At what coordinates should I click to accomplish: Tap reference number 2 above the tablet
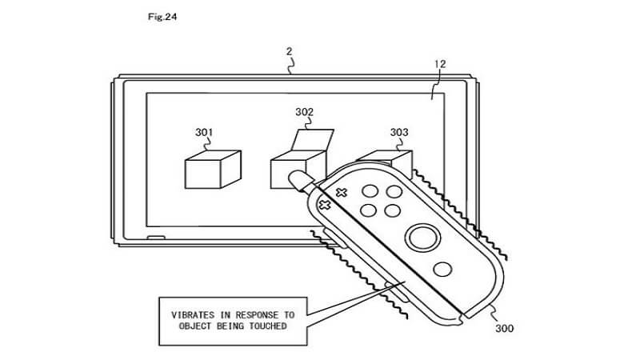point(289,52)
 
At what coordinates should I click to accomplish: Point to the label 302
point(305,113)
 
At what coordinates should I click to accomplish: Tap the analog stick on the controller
point(422,237)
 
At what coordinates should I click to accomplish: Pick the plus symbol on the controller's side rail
point(326,205)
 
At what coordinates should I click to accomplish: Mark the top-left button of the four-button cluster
point(371,191)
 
